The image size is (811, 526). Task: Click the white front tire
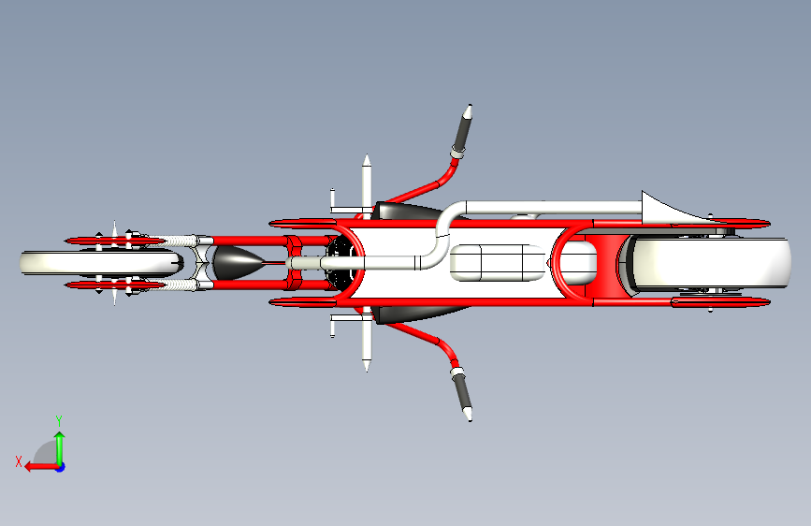pyautogui.click(x=37, y=263)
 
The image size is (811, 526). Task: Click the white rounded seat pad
pyautogui.click(x=496, y=263)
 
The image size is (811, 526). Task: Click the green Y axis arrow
pyautogui.click(x=59, y=444)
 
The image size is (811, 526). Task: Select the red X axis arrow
pyautogui.click(x=37, y=466)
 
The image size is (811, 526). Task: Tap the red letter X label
pyautogui.click(x=19, y=460)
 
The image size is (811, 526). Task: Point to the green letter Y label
pyautogui.click(x=58, y=420)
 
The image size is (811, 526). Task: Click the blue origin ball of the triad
pyautogui.click(x=59, y=466)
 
